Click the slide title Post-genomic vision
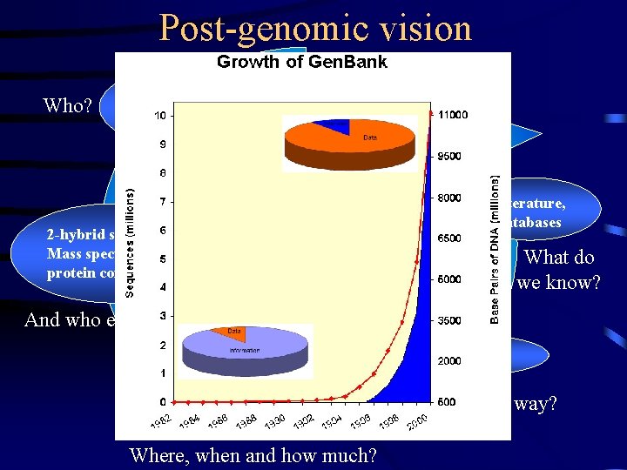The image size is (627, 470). (x=315, y=28)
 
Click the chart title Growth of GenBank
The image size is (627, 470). (x=301, y=62)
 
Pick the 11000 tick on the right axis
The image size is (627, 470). (x=453, y=115)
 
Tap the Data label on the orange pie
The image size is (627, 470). (x=370, y=138)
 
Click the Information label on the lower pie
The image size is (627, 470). (x=243, y=352)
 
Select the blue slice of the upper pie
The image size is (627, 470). (x=330, y=127)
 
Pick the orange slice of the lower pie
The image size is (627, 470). (x=229, y=333)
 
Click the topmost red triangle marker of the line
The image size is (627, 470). (x=432, y=112)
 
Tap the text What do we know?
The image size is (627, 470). (x=558, y=270)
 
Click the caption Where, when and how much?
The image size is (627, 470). (x=253, y=455)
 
